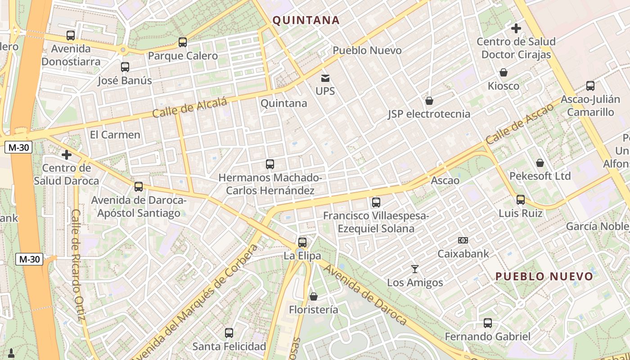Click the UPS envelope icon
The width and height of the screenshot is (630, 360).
coord(325,78)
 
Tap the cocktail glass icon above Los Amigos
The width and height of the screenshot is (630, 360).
coord(415,269)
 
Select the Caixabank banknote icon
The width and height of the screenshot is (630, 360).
coord(463,240)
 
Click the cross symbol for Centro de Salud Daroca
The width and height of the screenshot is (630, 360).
coord(67,155)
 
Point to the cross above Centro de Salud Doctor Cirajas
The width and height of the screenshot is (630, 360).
coord(516,28)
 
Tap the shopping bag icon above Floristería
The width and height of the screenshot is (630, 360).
coord(314,297)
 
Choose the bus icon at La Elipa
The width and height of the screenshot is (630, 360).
coord(302,242)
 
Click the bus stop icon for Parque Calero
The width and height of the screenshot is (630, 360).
coord(183,42)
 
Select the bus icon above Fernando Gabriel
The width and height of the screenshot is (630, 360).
coord(488,323)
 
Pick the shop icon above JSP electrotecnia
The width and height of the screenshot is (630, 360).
coord(429,101)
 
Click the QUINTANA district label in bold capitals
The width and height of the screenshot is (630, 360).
coord(306,20)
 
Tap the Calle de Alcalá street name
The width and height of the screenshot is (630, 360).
coord(189,108)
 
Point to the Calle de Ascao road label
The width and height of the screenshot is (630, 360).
coord(519,124)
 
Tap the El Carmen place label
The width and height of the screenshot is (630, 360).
coord(115,135)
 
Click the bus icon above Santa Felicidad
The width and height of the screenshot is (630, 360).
coord(229,333)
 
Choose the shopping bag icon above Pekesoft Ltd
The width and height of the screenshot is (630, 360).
coord(540,163)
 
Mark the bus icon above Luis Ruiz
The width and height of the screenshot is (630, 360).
coord(521,199)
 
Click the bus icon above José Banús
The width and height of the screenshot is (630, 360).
coord(125,67)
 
